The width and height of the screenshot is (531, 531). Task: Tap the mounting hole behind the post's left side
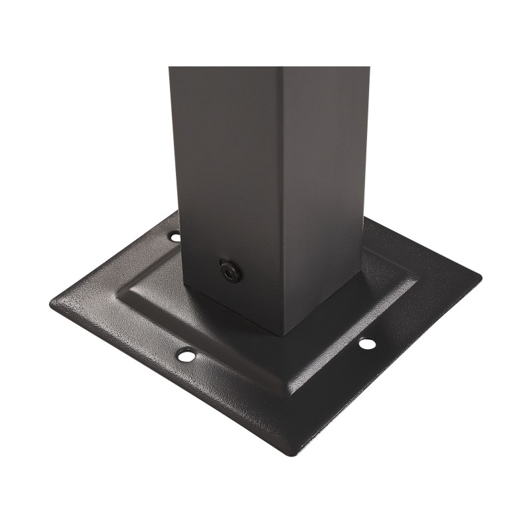coord(175,236)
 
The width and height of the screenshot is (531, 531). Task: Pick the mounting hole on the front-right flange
coord(366,344)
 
